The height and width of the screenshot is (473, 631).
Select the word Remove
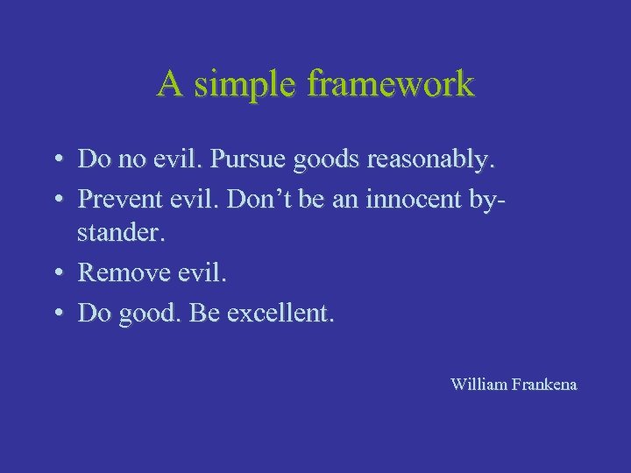click(x=123, y=272)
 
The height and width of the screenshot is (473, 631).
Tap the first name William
click(x=479, y=384)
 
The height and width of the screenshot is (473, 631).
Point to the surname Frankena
click(x=544, y=384)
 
